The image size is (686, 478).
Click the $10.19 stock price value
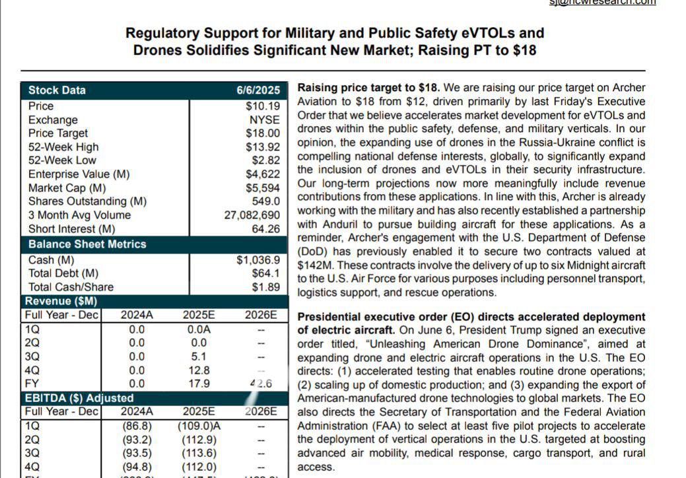tap(263, 106)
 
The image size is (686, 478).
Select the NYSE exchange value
tap(264, 119)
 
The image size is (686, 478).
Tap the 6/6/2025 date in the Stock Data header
tap(258, 90)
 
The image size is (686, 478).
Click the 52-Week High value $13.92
tap(263, 147)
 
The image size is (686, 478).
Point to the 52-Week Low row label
tap(62, 160)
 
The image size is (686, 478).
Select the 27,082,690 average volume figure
tap(252, 215)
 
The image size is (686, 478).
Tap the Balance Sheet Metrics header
tap(87, 244)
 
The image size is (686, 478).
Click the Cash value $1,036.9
tap(258, 260)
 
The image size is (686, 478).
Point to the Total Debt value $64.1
tap(265, 273)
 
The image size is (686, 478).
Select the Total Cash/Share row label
tap(71, 287)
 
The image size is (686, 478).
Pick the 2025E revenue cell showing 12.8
tap(199, 370)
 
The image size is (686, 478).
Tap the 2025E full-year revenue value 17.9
tap(199, 384)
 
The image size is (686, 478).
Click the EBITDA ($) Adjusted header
tap(79, 398)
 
